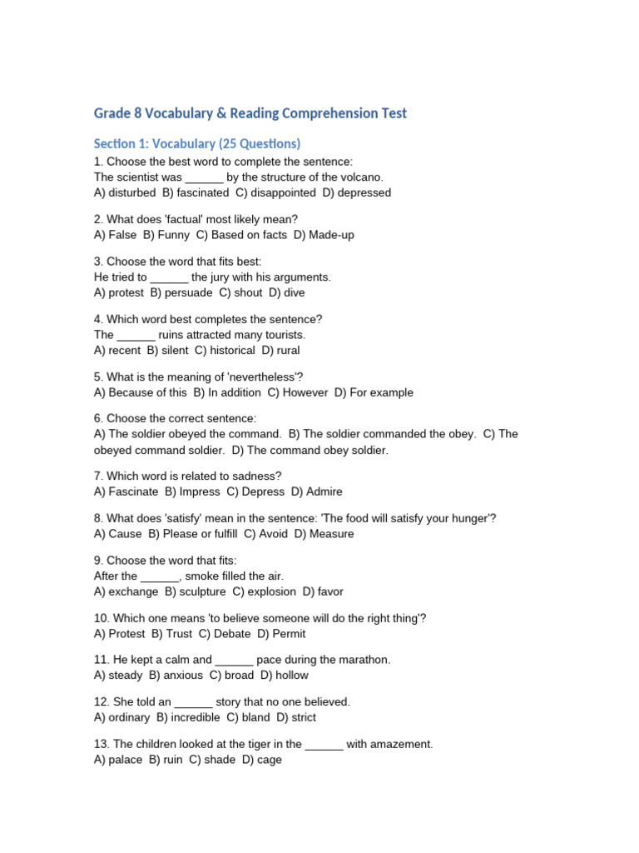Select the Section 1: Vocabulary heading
(x=197, y=143)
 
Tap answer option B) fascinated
(x=196, y=192)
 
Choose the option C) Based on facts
(x=241, y=235)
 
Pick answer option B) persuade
(x=181, y=293)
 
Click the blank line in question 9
(x=160, y=576)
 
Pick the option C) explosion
(x=264, y=591)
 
